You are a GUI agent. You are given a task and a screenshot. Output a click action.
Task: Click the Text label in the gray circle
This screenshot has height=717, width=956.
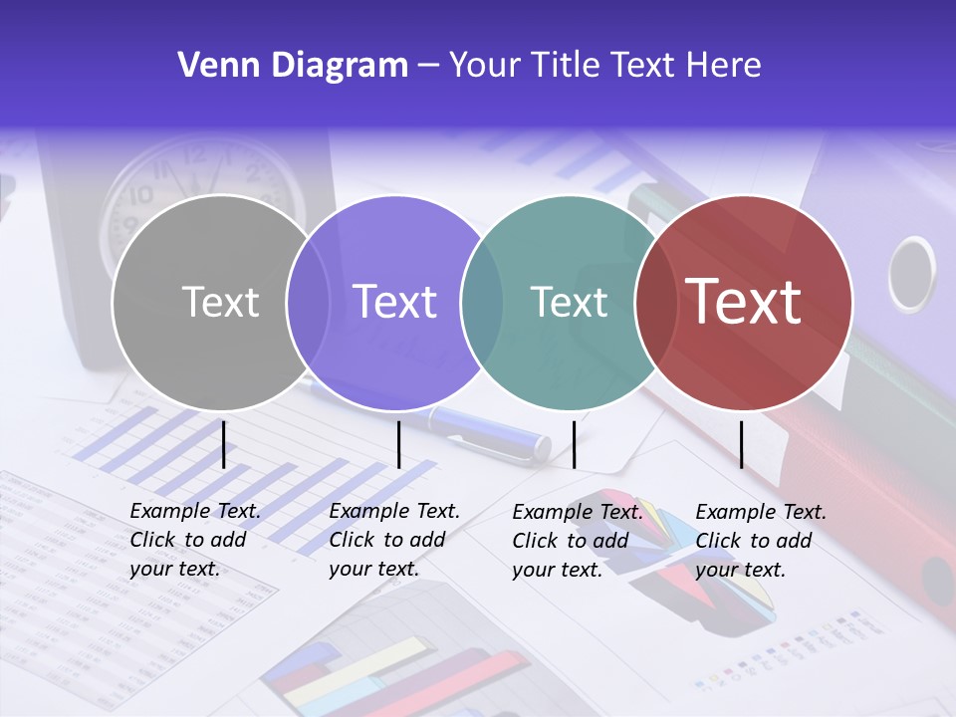coord(220,302)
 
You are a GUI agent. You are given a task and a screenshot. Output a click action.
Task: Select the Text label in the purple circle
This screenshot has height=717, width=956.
coord(394,302)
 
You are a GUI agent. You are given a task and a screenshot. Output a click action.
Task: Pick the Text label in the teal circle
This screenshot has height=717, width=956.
coord(569,302)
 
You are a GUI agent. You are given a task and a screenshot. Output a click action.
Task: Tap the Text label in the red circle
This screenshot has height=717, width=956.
coord(744,302)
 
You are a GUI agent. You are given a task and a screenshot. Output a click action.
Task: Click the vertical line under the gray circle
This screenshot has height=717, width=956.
coord(223,444)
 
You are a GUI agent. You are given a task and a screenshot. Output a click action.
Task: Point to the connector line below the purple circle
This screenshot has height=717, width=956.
coord(398,444)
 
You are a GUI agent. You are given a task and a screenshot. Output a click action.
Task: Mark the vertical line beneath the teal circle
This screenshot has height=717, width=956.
coord(574,444)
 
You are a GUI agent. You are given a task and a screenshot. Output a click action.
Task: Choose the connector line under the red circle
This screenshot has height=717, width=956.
coord(741,444)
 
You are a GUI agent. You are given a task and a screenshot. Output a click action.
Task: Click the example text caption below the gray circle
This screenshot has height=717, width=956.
coord(195,540)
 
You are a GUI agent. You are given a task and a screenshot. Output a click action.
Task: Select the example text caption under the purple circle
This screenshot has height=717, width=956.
coord(394,540)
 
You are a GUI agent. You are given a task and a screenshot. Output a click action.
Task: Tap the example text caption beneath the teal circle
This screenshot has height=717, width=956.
coord(578,541)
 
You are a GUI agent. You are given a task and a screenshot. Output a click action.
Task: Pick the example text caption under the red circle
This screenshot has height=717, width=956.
coord(761,541)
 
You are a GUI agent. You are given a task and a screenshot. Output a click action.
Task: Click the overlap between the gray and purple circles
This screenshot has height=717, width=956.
coord(308,302)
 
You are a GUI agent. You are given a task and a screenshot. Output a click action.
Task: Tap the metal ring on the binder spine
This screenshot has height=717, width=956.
coord(911,274)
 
